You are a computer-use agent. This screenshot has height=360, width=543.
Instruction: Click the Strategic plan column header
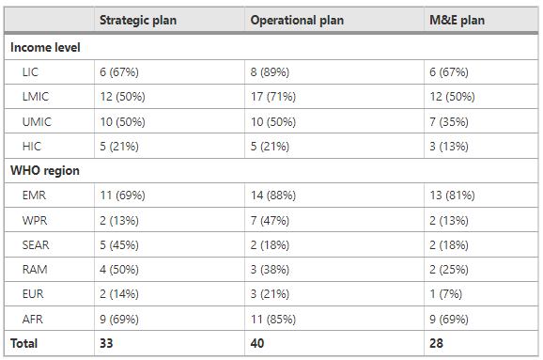pyautogui.click(x=138, y=20)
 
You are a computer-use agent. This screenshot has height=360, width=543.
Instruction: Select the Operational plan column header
pyautogui.click(x=297, y=20)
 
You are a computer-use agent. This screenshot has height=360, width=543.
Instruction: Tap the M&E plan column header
pyautogui.click(x=457, y=20)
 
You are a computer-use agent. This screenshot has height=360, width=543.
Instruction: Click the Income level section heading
pyautogui.click(x=45, y=48)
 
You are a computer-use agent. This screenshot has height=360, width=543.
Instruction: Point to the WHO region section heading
pyautogui.click(x=45, y=170)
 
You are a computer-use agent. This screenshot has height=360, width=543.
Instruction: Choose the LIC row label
pyautogui.click(x=30, y=72)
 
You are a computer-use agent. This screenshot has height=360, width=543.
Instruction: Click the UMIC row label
pyautogui.click(x=37, y=121)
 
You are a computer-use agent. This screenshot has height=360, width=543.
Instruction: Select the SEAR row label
pyautogui.click(x=36, y=245)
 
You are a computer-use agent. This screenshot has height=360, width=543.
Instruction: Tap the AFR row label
pyautogui.click(x=33, y=319)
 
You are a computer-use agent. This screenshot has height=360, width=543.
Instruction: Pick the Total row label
pyautogui.click(x=23, y=343)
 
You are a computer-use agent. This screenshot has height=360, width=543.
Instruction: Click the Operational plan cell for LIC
pyautogui.click(x=270, y=72)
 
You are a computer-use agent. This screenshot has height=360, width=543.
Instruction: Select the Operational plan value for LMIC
pyautogui.click(x=273, y=96)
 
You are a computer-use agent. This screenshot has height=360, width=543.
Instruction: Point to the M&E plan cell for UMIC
pyautogui.click(x=449, y=121)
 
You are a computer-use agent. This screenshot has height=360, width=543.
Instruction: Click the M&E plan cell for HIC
pyautogui.click(x=449, y=147)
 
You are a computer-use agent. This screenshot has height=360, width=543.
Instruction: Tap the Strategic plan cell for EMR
pyautogui.click(x=122, y=196)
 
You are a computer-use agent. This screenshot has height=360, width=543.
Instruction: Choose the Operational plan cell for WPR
pyautogui.click(x=270, y=220)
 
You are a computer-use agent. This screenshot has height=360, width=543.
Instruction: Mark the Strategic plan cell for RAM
pyautogui.click(x=119, y=269)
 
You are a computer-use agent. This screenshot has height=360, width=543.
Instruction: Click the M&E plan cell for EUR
pyautogui.click(x=445, y=294)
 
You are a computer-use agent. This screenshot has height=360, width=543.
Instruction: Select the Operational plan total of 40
pyautogui.click(x=257, y=343)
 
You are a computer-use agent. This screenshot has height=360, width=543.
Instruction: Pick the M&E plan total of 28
pyautogui.click(x=436, y=343)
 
